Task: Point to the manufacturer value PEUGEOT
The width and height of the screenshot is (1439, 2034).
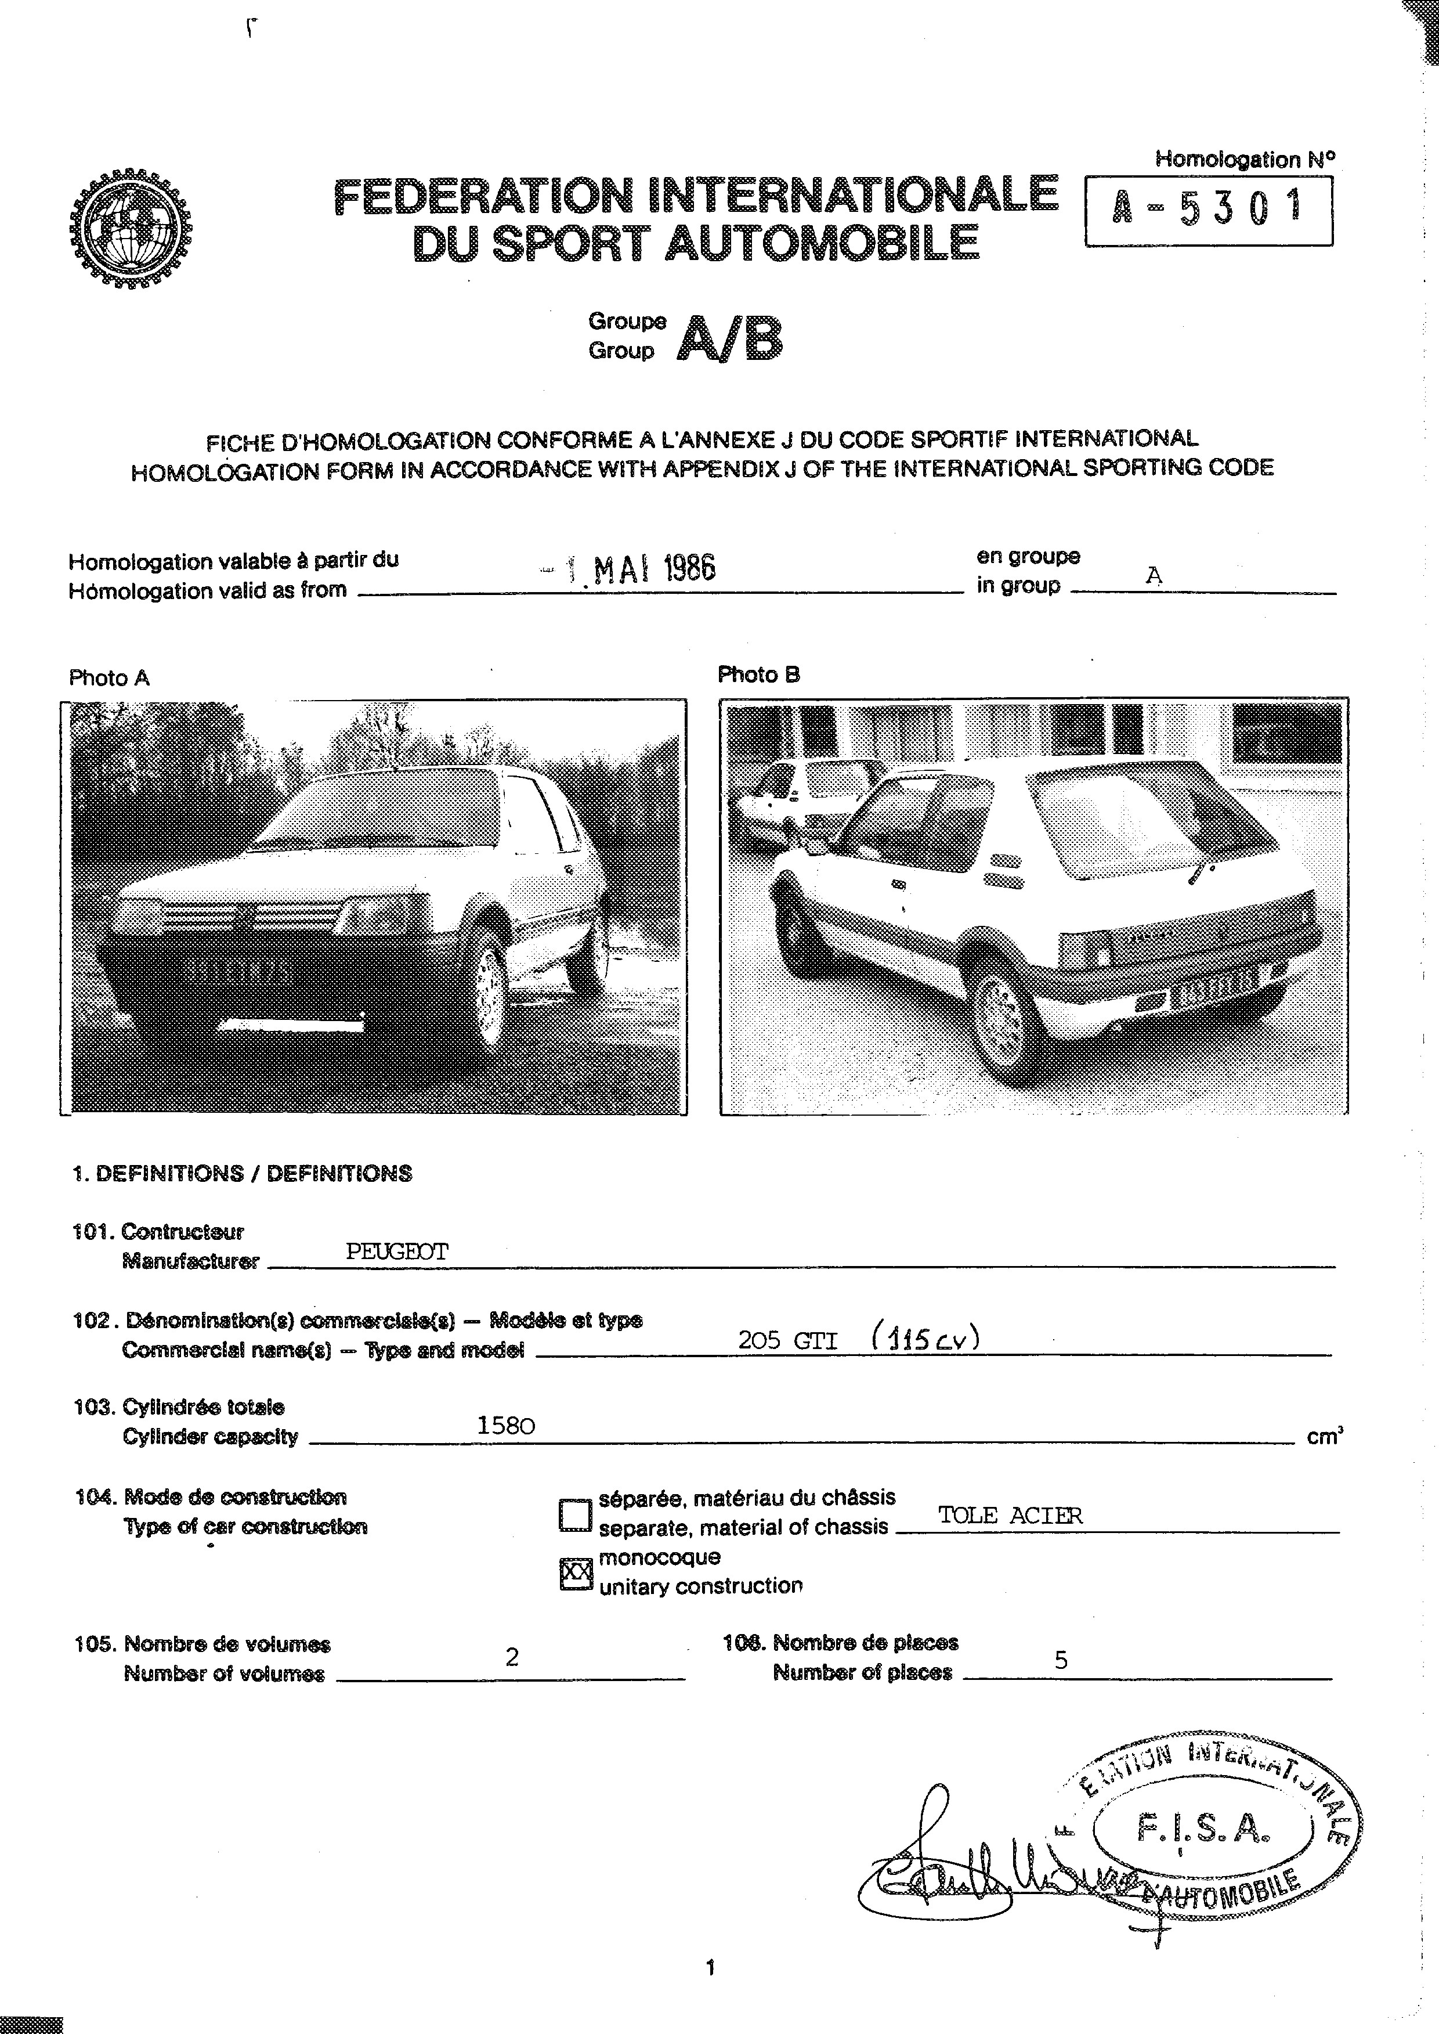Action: [397, 1252]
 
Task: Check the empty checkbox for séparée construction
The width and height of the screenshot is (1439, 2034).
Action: [575, 1514]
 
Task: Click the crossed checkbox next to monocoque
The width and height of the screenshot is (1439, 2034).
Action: [576, 1574]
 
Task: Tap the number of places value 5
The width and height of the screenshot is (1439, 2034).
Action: [1061, 1660]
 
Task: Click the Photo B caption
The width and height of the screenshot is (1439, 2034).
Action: [758, 675]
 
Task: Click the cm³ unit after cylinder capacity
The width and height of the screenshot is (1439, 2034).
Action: [1324, 1437]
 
